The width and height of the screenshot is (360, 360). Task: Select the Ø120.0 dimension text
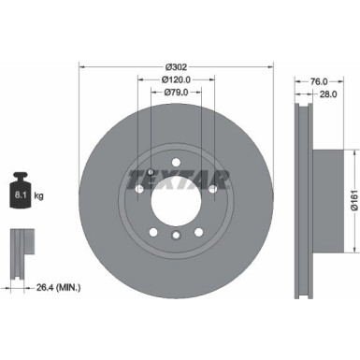(x=176, y=79)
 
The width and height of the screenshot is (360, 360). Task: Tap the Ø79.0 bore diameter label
(x=176, y=93)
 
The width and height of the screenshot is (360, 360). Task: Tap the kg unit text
(x=39, y=198)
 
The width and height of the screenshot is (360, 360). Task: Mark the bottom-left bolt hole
(x=153, y=231)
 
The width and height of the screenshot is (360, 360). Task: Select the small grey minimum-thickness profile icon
(x=20, y=246)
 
